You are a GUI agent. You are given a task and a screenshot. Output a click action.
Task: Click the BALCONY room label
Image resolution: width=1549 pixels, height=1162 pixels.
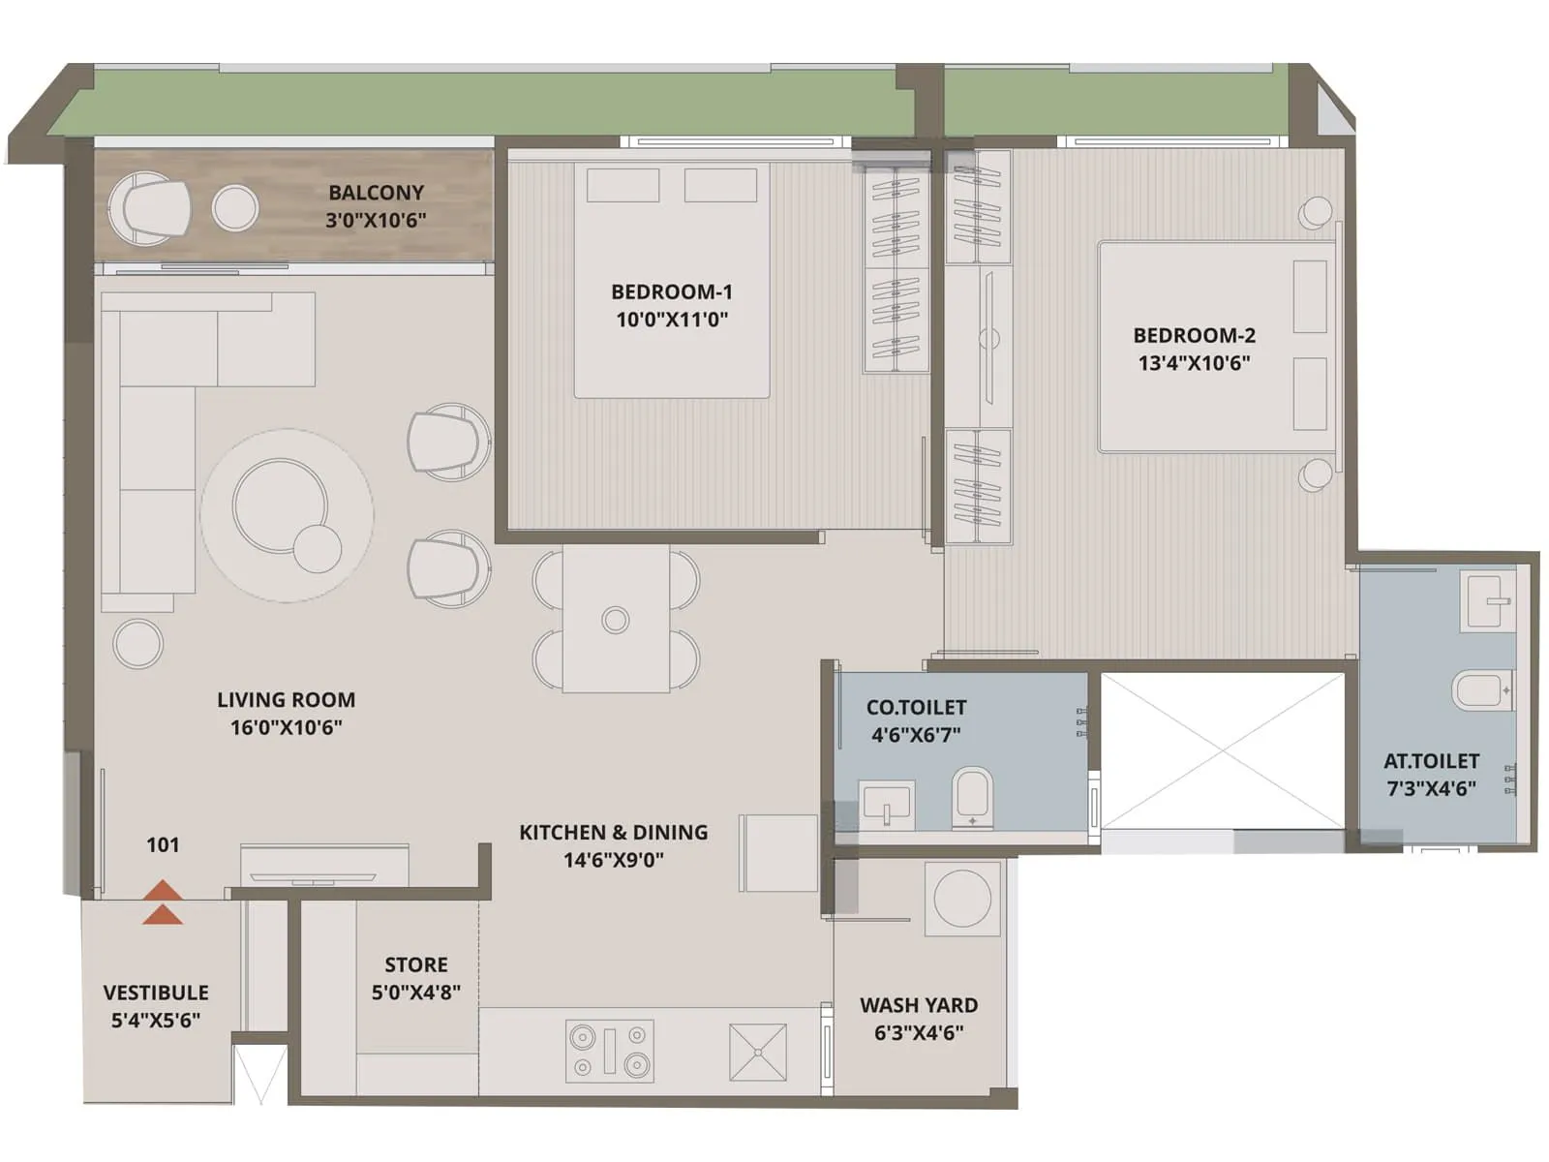[376, 193]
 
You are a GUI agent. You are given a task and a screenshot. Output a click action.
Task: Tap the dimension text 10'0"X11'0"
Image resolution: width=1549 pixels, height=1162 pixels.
[672, 320]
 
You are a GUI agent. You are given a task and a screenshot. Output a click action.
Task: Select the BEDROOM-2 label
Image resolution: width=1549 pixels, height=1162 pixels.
[1194, 336]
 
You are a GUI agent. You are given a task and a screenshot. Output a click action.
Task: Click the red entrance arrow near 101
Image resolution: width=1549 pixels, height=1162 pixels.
[163, 902]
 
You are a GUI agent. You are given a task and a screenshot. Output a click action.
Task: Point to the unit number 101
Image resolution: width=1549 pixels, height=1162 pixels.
[163, 845]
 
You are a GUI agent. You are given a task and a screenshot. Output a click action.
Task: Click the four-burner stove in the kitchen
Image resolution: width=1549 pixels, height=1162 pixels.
[609, 1051]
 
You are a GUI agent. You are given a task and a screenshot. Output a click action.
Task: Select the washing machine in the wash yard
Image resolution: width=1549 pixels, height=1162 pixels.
[961, 898]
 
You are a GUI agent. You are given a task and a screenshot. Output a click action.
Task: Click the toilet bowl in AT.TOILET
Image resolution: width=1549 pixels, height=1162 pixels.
[1481, 689]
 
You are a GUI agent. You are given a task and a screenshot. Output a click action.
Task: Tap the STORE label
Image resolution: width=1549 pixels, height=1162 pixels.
[416, 965]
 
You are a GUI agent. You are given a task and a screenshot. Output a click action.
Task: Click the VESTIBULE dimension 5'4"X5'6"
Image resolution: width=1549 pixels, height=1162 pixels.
[156, 1020]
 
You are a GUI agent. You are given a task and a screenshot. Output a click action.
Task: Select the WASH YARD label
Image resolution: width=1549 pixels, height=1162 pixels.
[919, 1005]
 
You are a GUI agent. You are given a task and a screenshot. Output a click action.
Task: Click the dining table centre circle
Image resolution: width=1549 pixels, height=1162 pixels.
[616, 620]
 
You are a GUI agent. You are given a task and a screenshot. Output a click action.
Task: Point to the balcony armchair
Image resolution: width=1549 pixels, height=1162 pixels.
[148, 208]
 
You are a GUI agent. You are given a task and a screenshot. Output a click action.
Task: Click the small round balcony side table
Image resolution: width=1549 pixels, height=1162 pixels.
[235, 207]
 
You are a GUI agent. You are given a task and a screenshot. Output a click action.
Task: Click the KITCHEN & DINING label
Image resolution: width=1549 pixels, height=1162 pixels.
[613, 833]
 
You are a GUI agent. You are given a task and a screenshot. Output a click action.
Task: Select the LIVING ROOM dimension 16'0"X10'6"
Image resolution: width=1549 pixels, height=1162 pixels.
[286, 727]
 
